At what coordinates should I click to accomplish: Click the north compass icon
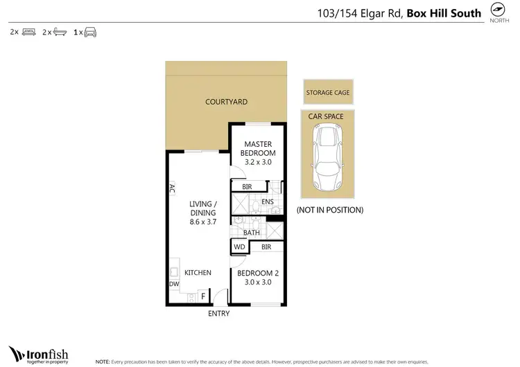[x=497, y=10]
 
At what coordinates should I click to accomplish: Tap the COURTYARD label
[x=226, y=102]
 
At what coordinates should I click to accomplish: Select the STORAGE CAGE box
[x=327, y=92]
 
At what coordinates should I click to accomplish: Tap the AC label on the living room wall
[x=171, y=188]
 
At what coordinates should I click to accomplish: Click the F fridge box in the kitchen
[x=203, y=296]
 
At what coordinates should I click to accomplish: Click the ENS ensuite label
[x=268, y=202]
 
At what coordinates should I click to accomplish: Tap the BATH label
[x=252, y=233]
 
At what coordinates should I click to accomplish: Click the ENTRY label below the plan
[x=218, y=314]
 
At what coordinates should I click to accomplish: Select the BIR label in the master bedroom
[x=247, y=186]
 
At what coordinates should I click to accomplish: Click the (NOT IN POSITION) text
[x=329, y=210]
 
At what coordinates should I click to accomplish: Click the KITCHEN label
[x=198, y=273]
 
